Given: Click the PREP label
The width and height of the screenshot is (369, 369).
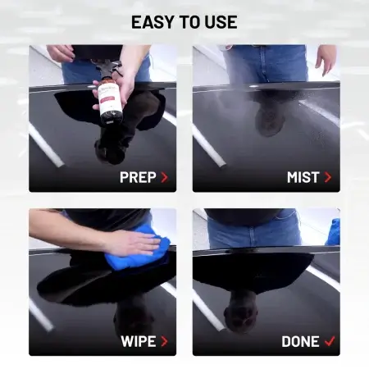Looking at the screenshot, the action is coord(138,177).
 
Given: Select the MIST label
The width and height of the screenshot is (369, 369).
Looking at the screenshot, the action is coord(303,177).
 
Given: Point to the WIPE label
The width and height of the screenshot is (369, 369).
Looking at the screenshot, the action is coord(139,341).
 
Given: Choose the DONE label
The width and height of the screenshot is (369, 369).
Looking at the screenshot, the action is coord(300,341).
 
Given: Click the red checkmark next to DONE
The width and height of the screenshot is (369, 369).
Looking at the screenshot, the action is coord(330,341).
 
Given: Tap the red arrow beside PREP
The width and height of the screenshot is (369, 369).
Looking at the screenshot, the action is coord(165,177).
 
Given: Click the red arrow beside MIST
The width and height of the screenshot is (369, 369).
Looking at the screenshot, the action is coord(328,177).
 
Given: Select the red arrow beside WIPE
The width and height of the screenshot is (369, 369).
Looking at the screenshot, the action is coord(164,341).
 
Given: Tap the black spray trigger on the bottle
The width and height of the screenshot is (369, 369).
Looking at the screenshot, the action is coord(108,68).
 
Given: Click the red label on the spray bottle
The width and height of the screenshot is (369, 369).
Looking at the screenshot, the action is coord(109,100).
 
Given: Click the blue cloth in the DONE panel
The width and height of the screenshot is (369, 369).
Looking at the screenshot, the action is coord(334,232).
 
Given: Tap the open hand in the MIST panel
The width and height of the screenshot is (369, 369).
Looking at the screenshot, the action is coord(326,60).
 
